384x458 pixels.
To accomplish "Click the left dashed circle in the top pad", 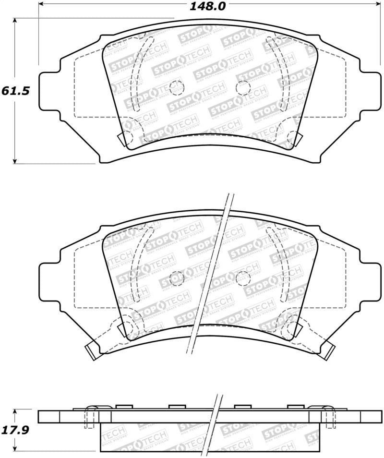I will click(x=176, y=87).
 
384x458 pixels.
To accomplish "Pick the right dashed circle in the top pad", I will click(x=243, y=87).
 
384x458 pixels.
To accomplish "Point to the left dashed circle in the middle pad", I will click(x=177, y=277).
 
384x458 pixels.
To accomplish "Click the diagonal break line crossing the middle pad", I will click(x=211, y=274).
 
